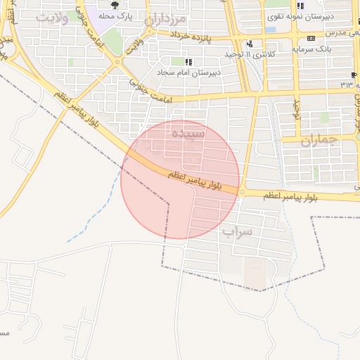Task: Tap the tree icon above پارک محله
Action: pos(115,6)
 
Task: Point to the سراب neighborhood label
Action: pos(237,231)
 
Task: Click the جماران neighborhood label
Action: pos(320,139)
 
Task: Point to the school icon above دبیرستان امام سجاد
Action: pos(188,61)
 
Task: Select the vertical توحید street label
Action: pos(297,108)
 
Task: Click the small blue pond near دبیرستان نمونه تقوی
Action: pos(271,30)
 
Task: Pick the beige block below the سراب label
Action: pos(255,273)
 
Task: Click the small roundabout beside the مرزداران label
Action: pos(149,30)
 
